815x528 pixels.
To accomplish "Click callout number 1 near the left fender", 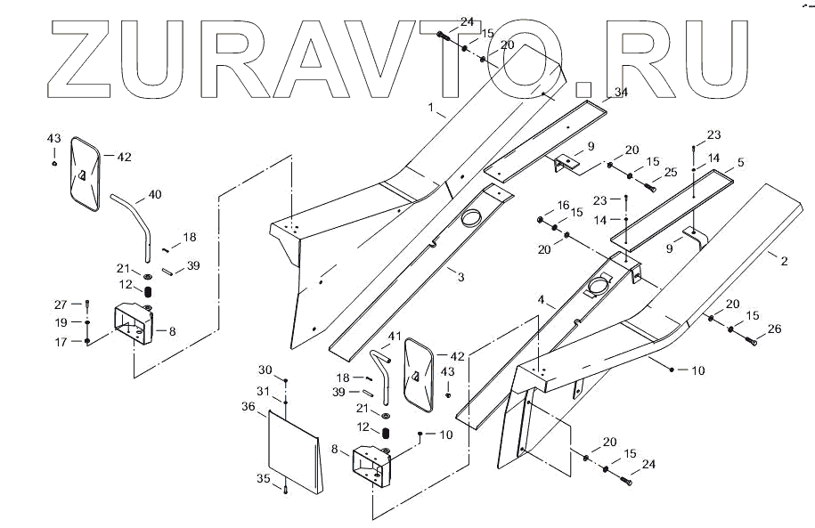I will point(431,109).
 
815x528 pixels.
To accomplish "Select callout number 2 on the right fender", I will point(785,261).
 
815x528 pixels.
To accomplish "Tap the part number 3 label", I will point(460,278).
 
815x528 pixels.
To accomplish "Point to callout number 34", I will point(621,93).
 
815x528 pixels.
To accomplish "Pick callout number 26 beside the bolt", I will point(774,329).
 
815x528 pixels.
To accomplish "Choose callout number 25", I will point(671,171).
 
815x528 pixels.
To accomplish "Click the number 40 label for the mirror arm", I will point(155,194).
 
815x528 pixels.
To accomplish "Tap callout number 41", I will point(395,336).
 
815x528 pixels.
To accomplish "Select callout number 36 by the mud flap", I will point(249,406).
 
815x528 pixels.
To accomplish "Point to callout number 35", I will point(263,479).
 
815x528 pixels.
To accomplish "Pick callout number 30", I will point(265,370).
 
